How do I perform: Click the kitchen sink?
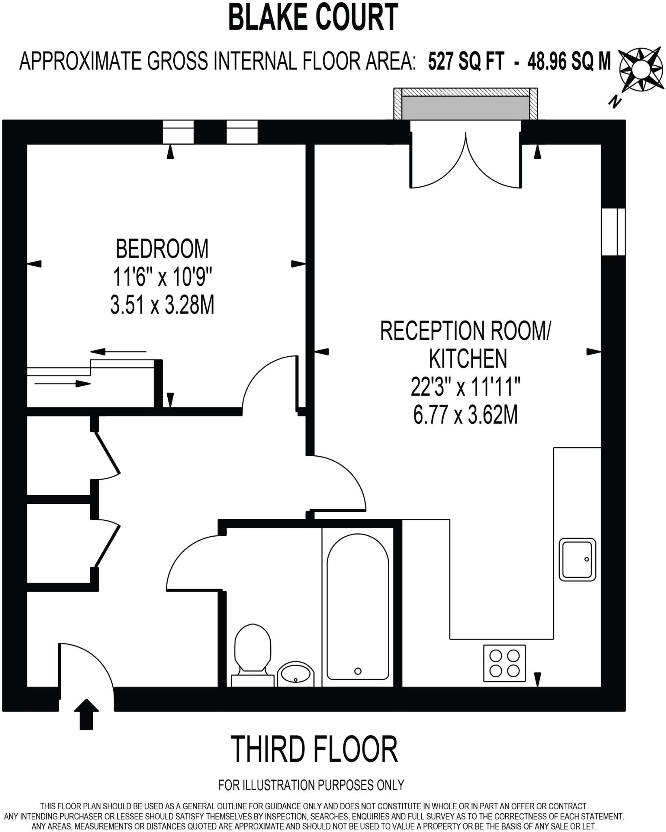577,559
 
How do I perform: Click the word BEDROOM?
162,249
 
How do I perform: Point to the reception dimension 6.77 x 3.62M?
465,415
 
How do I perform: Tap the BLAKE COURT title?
313,17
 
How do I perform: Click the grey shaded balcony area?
466,108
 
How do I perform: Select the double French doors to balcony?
466,158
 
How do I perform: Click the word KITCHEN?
468,358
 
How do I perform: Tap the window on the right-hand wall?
613,232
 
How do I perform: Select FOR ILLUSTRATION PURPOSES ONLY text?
311,785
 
